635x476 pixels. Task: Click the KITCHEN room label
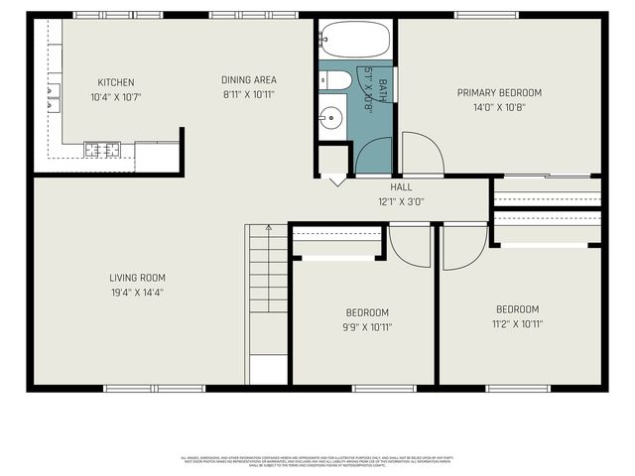116,82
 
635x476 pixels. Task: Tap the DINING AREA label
248,80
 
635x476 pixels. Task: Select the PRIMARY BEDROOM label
500,93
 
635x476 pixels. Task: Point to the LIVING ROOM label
138,278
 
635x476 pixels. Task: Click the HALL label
401,186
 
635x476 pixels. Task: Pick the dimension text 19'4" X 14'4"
138,293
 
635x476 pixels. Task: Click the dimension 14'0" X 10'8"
500,107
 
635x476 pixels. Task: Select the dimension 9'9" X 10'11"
366,326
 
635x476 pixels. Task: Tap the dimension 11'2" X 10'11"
517,323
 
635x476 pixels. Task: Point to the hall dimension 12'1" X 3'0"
401,200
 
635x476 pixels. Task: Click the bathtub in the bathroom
355,41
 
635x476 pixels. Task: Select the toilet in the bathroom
335,80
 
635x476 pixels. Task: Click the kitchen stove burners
102,150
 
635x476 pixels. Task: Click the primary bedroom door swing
421,155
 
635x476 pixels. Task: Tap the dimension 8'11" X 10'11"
248,95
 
